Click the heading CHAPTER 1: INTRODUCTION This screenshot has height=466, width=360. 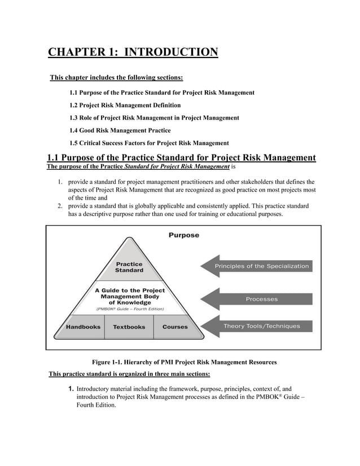pos(133,54)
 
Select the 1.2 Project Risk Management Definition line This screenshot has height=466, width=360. pos(125,105)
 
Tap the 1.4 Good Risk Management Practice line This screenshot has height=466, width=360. pos(128,130)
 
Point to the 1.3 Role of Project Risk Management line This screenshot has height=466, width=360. pos(154,117)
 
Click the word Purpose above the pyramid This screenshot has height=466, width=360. pos(183,235)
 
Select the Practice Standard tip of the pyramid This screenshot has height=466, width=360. pos(129,267)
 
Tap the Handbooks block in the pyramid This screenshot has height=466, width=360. pos(83,327)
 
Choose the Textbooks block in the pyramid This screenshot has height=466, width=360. pos(129,327)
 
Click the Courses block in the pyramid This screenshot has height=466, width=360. pos(175,327)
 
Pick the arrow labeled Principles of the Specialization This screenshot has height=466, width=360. pos(257,266)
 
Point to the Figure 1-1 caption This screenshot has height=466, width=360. pos(184,362)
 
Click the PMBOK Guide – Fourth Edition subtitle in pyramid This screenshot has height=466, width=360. pos(130,309)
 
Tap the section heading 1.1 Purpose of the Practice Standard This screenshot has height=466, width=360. pos(181,157)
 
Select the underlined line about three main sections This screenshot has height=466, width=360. pos(130,373)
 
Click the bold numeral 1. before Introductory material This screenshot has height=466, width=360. pos(71,389)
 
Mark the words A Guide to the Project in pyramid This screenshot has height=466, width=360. pos(129,290)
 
